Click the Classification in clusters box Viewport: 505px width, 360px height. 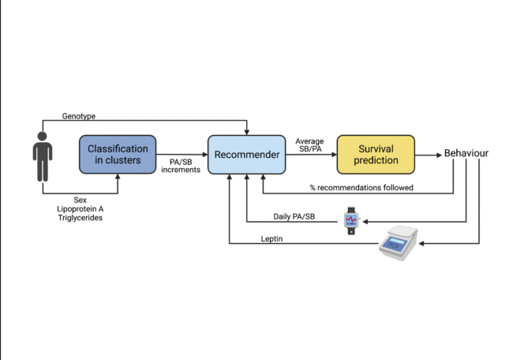tap(118, 154)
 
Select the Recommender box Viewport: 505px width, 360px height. tap(245, 154)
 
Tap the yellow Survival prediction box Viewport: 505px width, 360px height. tap(376, 154)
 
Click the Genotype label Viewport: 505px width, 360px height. tap(79, 116)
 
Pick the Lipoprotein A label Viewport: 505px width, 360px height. tap(80, 209)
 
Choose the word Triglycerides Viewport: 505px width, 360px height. tap(80, 218)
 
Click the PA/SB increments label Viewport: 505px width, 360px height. tap(181, 165)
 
